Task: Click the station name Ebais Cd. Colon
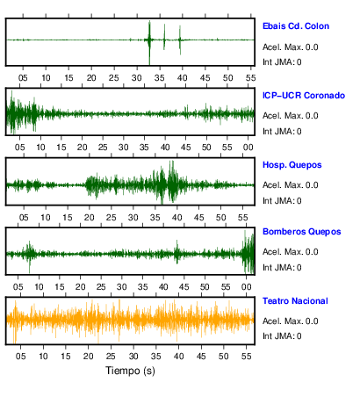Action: pos(296,26)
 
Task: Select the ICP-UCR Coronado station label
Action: pos(304,96)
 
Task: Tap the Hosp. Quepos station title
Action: pos(292,165)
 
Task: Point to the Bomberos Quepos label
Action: pos(302,232)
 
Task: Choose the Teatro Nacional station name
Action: pos(295,301)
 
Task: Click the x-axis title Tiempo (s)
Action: pos(130,371)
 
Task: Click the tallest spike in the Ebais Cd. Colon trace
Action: pos(149,42)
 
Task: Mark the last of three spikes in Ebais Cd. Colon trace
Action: pos(180,40)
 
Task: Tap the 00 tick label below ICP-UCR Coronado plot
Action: pos(248,148)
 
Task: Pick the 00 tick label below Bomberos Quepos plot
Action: pos(246,287)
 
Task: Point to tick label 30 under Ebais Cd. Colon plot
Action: pos(137,78)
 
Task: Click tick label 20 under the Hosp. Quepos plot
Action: pos(89,218)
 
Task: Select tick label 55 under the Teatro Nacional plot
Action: pos(246,357)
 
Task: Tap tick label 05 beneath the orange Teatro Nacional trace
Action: pos(20,357)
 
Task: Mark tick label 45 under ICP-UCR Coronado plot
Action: pos(185,148)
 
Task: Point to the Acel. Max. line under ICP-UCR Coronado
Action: pos(290,116)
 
